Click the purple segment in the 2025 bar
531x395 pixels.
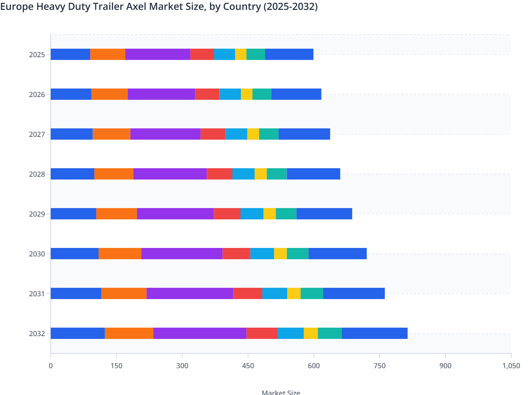point(158,54)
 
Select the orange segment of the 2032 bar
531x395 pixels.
point(129,333)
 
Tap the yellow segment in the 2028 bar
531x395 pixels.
point(261,174)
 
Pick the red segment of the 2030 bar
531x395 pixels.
point(236,254)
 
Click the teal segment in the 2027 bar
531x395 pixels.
point(269,134)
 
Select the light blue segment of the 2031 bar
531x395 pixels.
point(275,293)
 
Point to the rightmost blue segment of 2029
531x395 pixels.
point(324,214)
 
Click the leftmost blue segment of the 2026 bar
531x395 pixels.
point(71,94)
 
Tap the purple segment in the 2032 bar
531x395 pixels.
point(200,333)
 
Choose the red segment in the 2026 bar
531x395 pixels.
point(207,94)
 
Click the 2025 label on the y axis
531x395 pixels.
point(37,55)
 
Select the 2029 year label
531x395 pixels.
point(37,214)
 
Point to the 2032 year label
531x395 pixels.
point(37,334)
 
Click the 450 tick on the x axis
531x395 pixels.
point(248,366)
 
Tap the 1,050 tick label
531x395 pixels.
point(511,366)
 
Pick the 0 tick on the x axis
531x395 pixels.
point(51,366)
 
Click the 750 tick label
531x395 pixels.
point(380,366)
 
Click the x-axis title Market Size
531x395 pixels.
point(281,392)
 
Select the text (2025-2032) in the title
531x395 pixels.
point(291,6)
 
